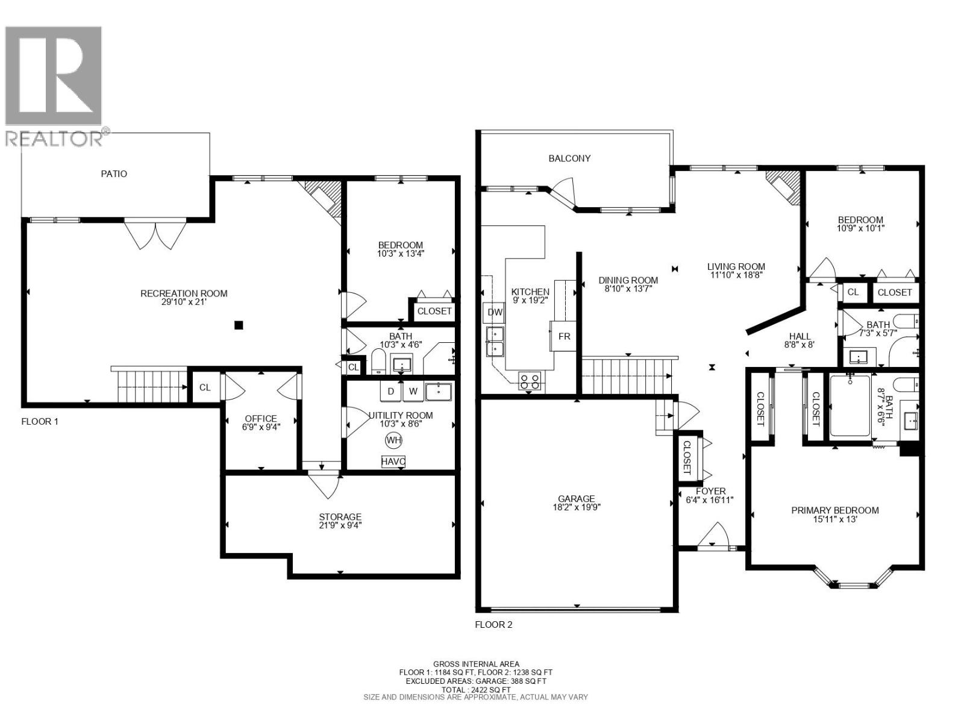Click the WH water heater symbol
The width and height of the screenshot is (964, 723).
point(393,440)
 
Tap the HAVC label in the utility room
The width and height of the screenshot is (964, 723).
point(393,462)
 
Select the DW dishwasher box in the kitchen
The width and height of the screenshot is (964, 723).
point(495,312)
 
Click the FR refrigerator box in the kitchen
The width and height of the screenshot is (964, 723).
point(564,336)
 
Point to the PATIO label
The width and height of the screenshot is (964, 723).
point(114,174)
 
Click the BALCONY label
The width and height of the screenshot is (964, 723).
point(569,158)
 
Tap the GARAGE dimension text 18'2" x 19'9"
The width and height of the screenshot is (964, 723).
point(577,507)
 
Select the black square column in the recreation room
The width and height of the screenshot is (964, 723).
point(239,325)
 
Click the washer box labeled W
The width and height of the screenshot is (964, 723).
point(413,392)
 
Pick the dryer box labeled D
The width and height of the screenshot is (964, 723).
point(391,392)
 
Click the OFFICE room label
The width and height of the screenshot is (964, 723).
point(261,418)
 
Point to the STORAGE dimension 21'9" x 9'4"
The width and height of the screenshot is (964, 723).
point(340,525)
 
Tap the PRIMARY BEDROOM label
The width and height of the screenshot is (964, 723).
point(834,510)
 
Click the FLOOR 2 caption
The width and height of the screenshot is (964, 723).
point(493,624)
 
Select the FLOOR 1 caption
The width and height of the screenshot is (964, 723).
point(40,421)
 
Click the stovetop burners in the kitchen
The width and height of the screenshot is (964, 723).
point(530,381)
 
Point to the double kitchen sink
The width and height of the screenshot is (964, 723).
point(495,342)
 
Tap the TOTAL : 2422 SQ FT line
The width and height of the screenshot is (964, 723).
point(476,689)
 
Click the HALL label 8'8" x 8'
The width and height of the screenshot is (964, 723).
point(800,341)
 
